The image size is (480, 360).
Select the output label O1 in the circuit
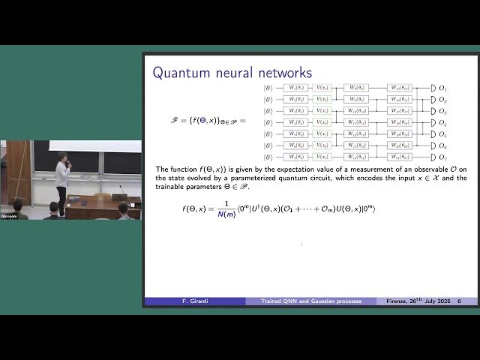(442, 88)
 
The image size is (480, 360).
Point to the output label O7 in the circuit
(442, 157)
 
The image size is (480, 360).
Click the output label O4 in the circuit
(442, 122)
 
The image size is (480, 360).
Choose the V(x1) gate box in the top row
(322, 88)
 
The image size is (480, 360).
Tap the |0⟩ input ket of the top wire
(268, 88)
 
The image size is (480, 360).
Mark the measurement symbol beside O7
(433, 157)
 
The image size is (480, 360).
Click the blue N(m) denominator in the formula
(226, 214)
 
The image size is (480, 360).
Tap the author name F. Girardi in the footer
(195, 301)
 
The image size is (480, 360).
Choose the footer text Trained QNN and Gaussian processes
(311, 301)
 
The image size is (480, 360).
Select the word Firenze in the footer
(398, 301)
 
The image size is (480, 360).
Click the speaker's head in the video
(61, 157)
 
